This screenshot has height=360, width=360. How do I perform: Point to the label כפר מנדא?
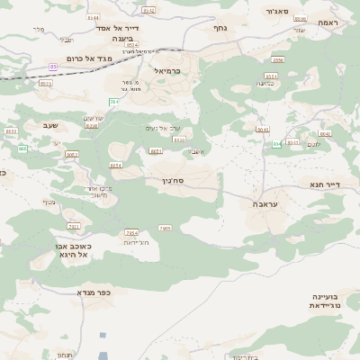pos(93,292)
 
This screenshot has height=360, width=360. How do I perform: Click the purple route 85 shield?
pos(53,67)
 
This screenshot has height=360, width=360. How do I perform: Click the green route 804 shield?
pos(277,143)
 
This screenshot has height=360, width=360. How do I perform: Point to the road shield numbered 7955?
pos(165,229)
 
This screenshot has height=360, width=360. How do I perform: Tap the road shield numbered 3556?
pos(278,60)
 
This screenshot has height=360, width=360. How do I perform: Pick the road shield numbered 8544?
pos(148,11)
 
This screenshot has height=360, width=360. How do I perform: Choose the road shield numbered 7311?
pos(74,226)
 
